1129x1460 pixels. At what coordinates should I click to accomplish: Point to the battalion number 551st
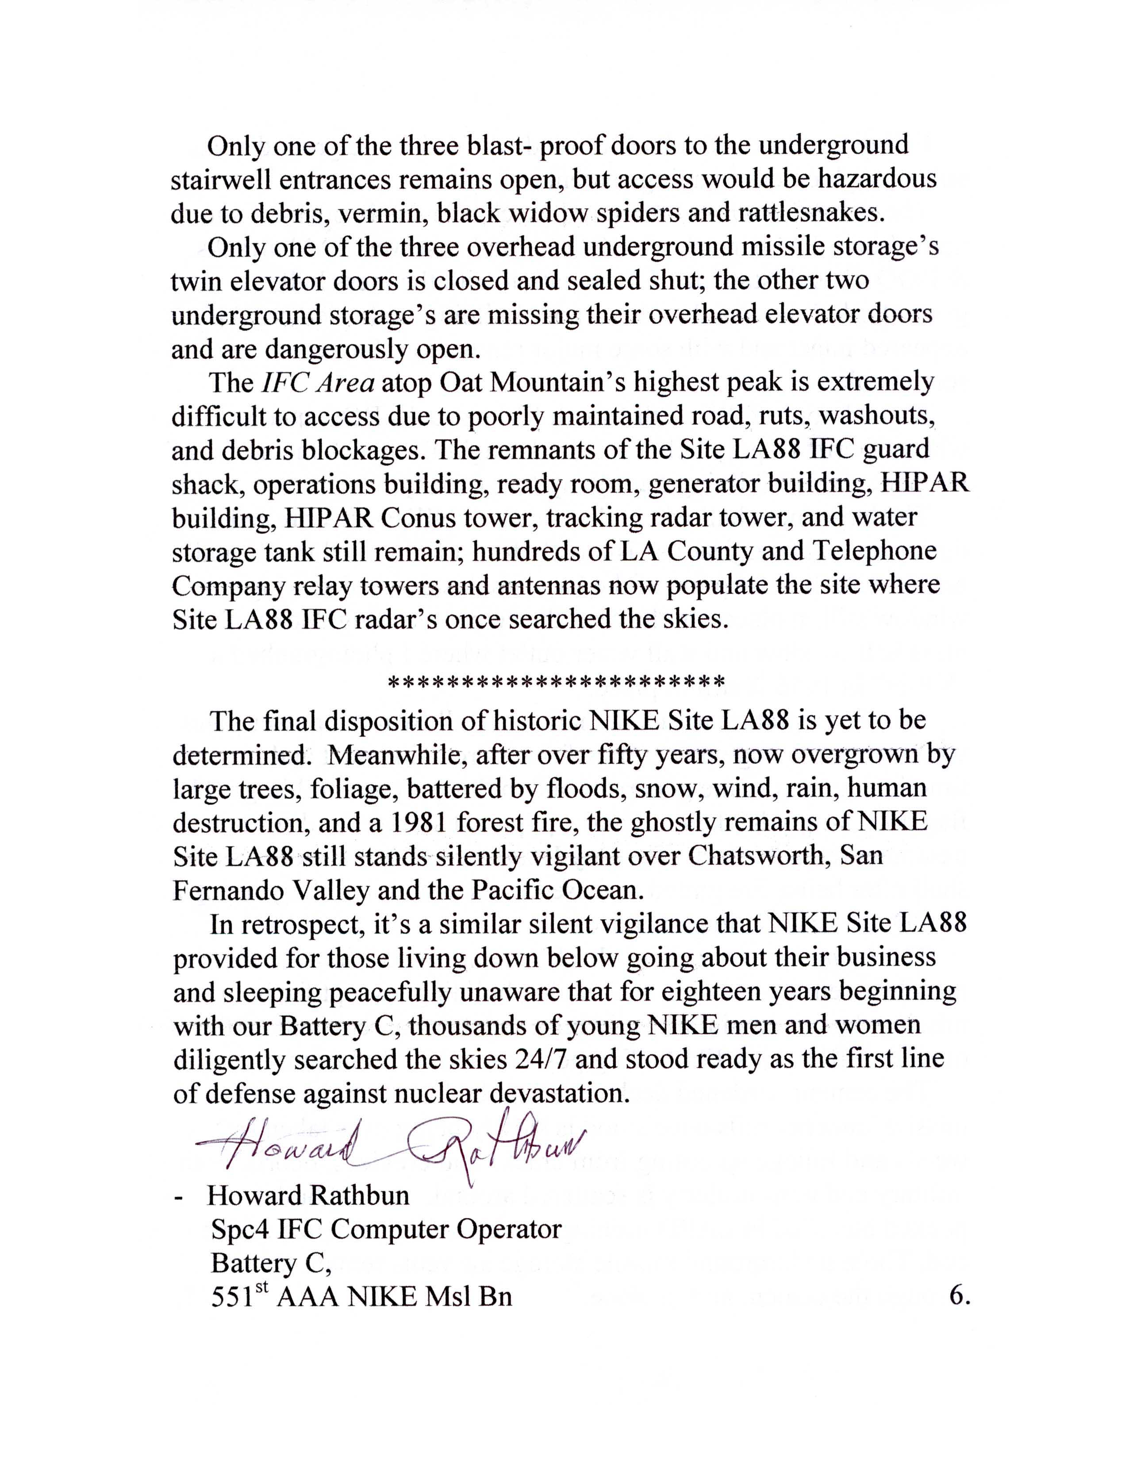238,1297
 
